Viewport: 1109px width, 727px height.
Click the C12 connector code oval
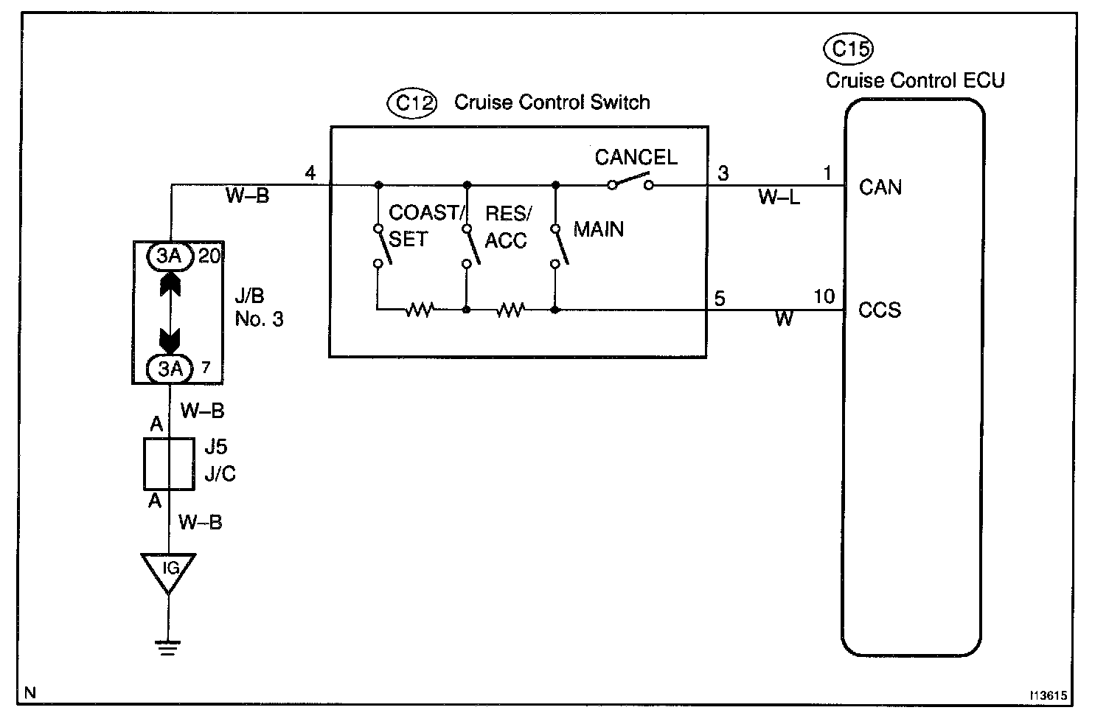(411, 102)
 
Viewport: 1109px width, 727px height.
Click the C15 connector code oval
(847, 49)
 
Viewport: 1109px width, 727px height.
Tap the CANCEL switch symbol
(630, 183)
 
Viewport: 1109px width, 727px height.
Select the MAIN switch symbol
(559, 245)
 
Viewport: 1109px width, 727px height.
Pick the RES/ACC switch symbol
(468, 245)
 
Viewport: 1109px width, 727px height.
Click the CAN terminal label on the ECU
(880, 187)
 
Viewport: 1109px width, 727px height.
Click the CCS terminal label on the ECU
(880, 310)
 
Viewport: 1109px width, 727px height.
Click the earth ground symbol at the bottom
(169, 647)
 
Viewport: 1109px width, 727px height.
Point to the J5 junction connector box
(169, 464)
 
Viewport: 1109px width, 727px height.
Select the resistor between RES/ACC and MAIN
(510, 310)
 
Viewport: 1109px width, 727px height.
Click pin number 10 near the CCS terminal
(824, 297)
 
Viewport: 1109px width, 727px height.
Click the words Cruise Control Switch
(552, 102)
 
